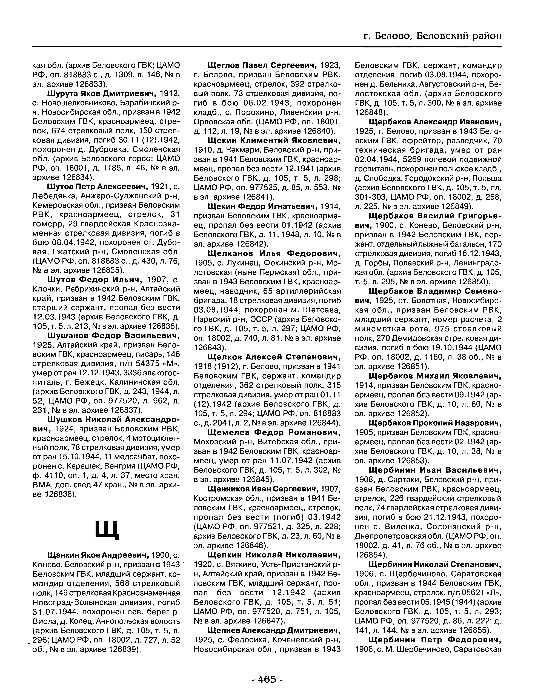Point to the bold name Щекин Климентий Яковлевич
(x=274, y=141)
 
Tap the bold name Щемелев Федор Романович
(x=274, y=432)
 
